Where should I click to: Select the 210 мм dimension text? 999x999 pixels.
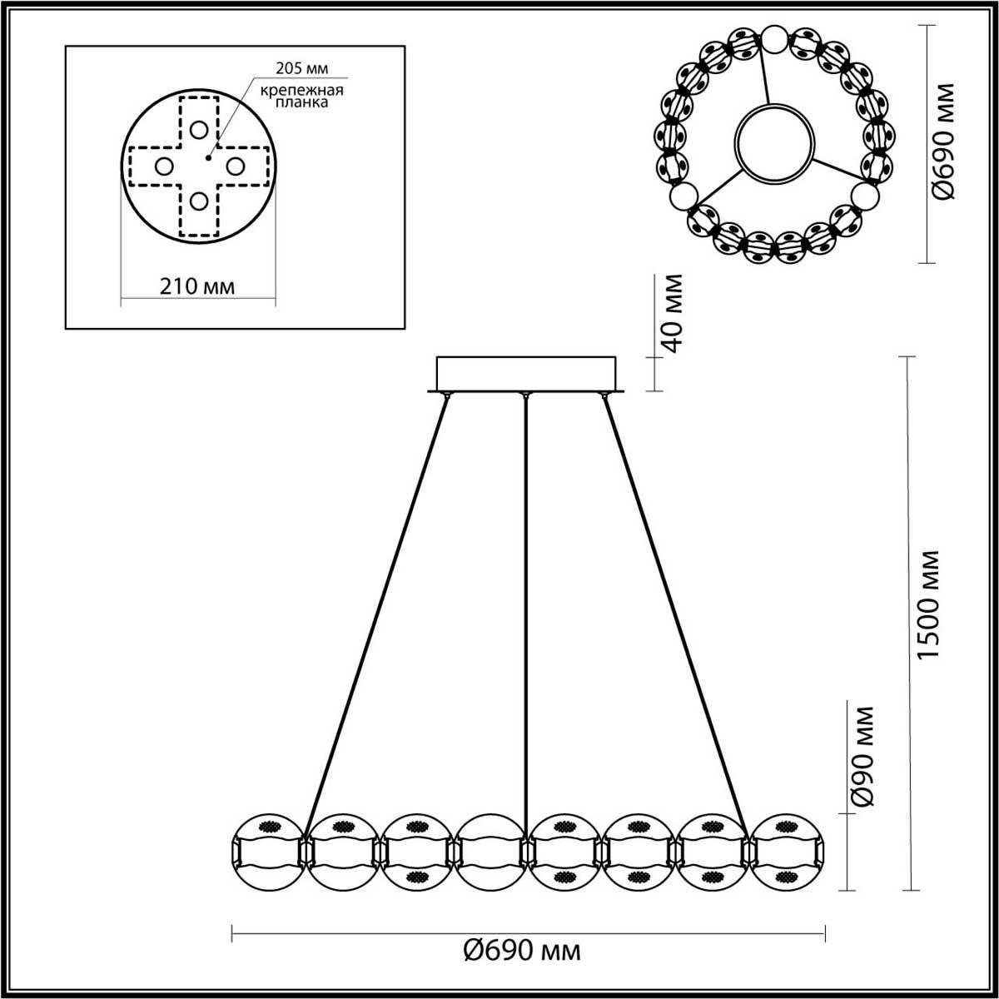point(197,286)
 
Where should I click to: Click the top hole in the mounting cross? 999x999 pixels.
point(198,130)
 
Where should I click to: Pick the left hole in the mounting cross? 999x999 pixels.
point(163,166)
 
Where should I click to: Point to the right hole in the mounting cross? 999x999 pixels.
point(234,166)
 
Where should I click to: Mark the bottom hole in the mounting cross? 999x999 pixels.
point(198,201)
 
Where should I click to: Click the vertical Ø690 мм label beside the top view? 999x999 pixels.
point(944,142)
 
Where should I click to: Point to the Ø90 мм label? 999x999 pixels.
point(864,756)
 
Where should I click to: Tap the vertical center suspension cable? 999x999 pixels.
point(525,599)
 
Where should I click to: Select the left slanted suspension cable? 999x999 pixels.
point(379,608)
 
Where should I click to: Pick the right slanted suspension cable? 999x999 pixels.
point(673,608)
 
